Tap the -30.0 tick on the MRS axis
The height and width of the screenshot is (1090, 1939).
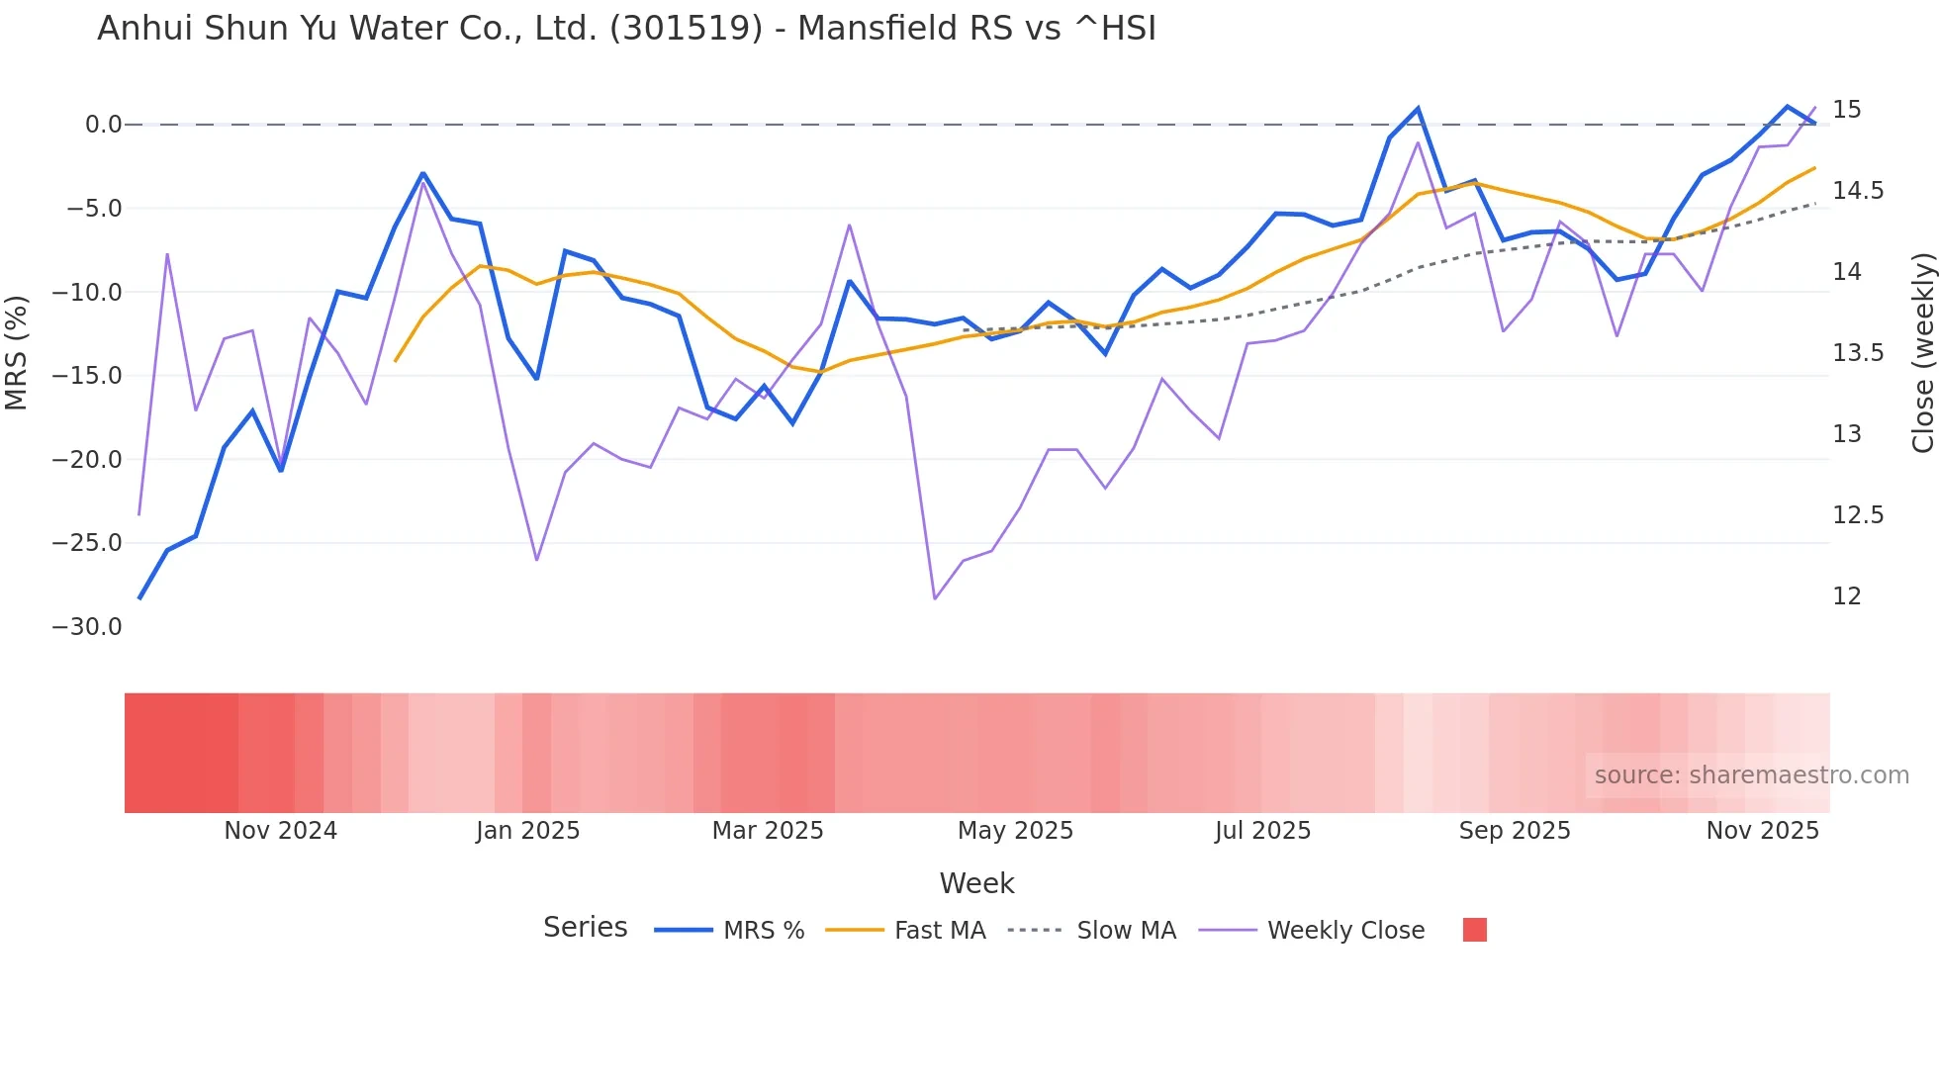(x=87, y=627)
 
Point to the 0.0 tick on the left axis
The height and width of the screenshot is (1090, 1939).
(x=103, y=125)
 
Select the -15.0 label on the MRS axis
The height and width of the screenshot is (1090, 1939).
(x=87, y=376)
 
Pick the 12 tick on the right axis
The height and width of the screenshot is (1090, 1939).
(x=1846, y=596)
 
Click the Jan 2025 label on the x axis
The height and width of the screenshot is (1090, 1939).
(x=527, y=831)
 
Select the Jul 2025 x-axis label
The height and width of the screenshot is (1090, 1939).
(x=1262, y=831)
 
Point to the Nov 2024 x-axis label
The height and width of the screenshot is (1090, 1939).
(x=280, y=831)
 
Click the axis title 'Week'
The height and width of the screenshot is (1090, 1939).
(x=976, y=883)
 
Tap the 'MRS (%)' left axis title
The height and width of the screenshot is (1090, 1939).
(x=17, y=353)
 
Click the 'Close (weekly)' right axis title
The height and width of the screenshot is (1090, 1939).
(x=1922, y=353)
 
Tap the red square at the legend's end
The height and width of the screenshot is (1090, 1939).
(x=1474, y=930)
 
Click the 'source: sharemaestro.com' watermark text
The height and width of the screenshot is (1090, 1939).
(x=1751, y=775)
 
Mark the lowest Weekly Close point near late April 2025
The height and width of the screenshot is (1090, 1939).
(x=934, y=598)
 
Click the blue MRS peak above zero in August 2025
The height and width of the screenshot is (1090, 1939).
(x=1418, y=109)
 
